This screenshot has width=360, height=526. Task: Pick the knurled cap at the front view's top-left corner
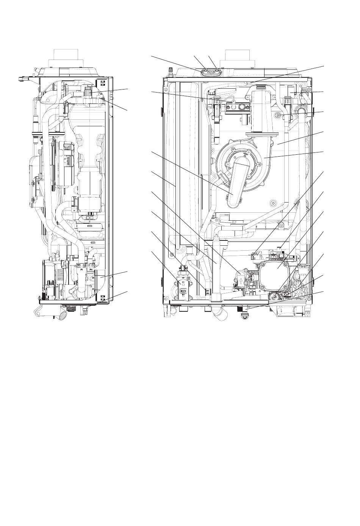click(x=169, y=71)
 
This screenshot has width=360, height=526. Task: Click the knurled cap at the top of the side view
click(x=88, y=91)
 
